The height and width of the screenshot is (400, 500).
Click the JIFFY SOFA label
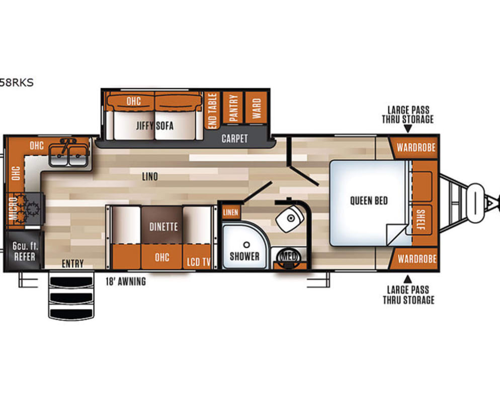pyautogui.click(x=154, y=125)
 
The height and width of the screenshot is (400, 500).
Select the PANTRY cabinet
pyautogui.click(x=233, y=107)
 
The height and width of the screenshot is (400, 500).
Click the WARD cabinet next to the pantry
pyautogui.click(x=257, y=107)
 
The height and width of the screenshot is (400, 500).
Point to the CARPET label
pyautogui.click(x=234, y=138)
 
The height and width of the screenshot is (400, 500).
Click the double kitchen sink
pyautogui.click(x=70, y=152)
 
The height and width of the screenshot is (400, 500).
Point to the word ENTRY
pyautogui.click(x=72, y=264)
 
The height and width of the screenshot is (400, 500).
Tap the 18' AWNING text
pyautogui.click(x=126, y=282)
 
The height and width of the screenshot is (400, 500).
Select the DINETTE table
pyautogui.click(x=162, y=226)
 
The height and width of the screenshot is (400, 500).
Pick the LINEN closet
pyautogui.click(x=230, y=213)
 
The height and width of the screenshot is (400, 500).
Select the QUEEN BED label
pyautogui.click(x=369, y=201)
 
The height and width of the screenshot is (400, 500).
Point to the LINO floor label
pyautogui.click(x=150, y=177)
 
